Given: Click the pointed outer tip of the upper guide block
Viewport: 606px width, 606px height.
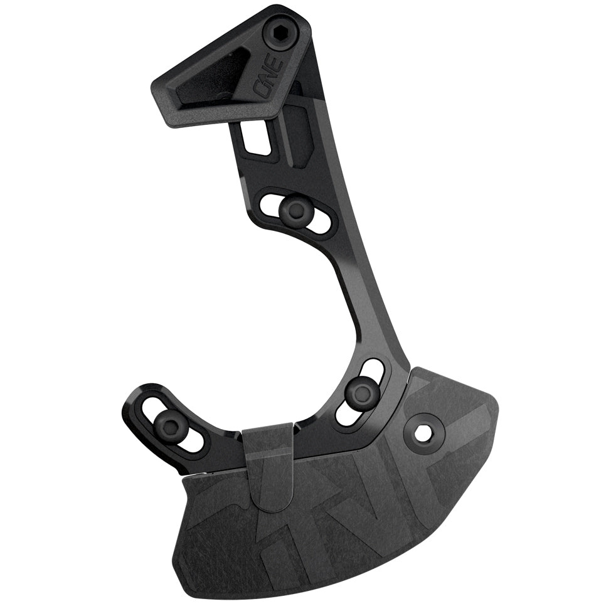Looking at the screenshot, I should click(x=156, y=85).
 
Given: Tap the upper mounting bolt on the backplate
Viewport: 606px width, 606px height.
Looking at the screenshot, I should click(x=291, y=211).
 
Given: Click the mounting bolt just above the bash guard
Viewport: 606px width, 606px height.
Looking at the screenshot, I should click(x=361, y=393).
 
